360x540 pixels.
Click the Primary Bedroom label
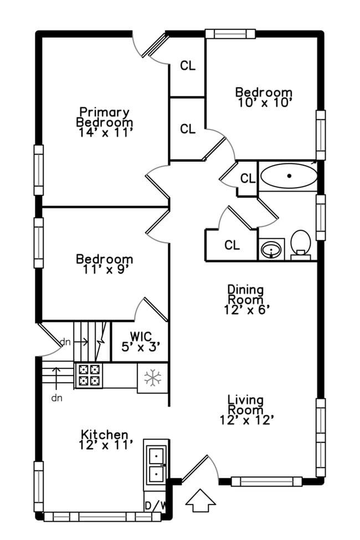tap(104, 117)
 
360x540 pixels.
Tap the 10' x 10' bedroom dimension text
tap(264, 102)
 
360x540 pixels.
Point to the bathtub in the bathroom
tap(289, 177)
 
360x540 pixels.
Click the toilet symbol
tap(301, 243)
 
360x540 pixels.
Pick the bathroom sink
tap(271, 249)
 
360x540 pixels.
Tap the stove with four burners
tap(89, 376)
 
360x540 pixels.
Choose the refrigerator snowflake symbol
tap(152, 378)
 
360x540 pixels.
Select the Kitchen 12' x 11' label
tap(105, 439)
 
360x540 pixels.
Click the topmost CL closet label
tap(188, 65)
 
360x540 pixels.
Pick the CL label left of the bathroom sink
tap(232, 245)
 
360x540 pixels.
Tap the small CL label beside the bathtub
tap(248, 178)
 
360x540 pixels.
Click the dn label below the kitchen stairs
tap(56, 398)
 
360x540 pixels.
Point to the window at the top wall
tap(230, 33)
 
